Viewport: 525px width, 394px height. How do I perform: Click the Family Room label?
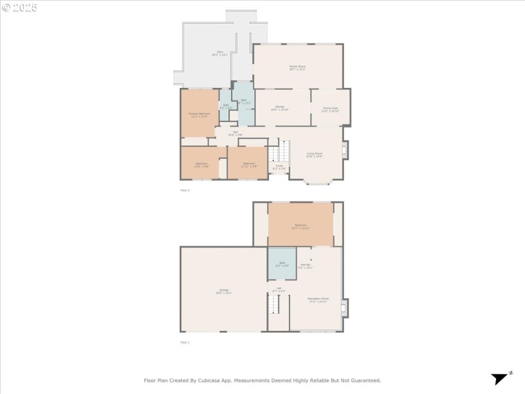pyautogui.click(x=297, y=67)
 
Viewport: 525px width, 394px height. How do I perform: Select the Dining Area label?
pyautogui.click(x=329, y=108)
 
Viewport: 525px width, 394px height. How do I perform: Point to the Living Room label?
pyautogui.click(x=314, y=155)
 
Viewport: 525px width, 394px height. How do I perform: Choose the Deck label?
pyautogui.click(x=220, y=53)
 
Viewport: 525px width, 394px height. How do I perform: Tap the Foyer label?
pyautogui.click(x=279, y=167)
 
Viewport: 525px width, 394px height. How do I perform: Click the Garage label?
pyautogui.click(x=224, y=291)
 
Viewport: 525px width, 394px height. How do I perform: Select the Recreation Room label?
pyautogui.click(x=318, y=299)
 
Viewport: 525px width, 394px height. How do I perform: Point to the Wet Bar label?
pyautogui.click(x=305, y=266)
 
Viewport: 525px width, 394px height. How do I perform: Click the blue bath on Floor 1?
pyautogui.click(x=282, y=264)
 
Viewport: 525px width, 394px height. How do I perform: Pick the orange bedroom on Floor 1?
pyautogui.click(x=300, y=225)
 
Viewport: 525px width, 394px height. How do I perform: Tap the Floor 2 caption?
pyautogui.click(x=185, y=190)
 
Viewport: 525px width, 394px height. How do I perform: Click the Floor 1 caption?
pyautogui.click(x=185, y=342)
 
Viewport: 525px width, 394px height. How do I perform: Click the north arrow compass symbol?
pyautogui.click(x=501, y=378)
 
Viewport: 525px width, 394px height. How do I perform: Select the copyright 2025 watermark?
pyautogui.click(x=20, y=8)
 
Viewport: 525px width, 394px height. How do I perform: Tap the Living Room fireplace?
pyautogui.click(x=346, y=150)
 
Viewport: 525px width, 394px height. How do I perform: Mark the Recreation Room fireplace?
pyautogui.click(x=345, y=307)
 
